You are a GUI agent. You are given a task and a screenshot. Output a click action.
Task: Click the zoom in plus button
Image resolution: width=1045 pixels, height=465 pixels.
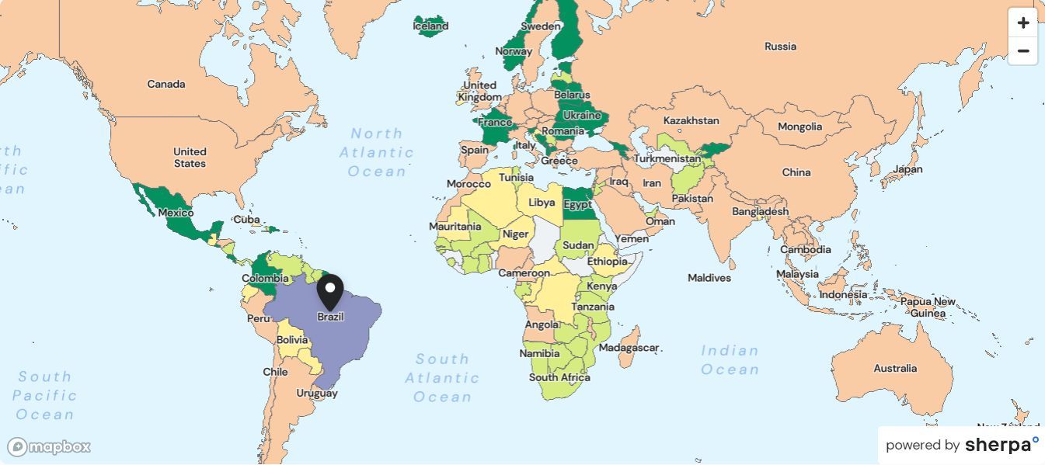pyautogui.click(x=1022, y=23)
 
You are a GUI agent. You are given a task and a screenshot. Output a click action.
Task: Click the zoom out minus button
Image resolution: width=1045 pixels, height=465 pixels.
pyautogui.click(x=1022, y=51)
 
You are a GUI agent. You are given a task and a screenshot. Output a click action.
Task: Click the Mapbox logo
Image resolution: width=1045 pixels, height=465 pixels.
pyautogui.click(x=50, y=447)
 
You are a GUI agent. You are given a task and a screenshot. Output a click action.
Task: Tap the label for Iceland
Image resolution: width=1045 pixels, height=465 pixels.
pyautogui.click(x=430, y=26)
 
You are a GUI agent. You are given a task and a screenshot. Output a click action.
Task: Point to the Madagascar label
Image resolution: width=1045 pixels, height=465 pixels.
pyautogui.click(x=629, y=348)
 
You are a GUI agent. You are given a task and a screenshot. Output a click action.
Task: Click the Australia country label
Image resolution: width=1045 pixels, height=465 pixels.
pyautogui.click(x=895, y=368)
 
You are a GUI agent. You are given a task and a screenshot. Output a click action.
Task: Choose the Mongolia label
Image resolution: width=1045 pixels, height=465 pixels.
pyautogui.click(x=799, y=127)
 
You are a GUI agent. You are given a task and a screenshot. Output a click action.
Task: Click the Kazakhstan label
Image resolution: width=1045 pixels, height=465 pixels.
pyautogui.click(x=691, y=120)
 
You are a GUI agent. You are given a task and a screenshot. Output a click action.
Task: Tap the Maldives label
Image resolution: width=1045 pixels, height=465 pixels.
pyautogui.click(x=709, y=277)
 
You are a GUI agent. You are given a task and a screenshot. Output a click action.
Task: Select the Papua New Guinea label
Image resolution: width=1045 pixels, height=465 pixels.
pyautogui.click(x=928, y=307)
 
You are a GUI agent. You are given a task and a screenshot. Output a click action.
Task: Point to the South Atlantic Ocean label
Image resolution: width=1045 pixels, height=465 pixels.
pyautogui.click(x=442, y=378)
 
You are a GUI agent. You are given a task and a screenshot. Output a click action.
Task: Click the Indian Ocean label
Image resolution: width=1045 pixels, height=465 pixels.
pyautogui.click(x=730, y=359)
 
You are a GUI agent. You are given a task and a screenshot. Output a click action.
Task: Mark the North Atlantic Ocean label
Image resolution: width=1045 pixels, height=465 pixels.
pyautogui.click(x=377, y=152)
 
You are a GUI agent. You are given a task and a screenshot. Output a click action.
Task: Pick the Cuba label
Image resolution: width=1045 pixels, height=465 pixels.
pyautogui.click(x=246, y=219)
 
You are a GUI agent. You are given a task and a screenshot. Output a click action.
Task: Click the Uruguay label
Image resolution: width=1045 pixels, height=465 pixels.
pyautogui.click(x=317, y=393)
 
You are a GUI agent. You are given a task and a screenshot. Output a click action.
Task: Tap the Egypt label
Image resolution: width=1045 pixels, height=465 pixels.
pyautogui.click(x=577, y=205)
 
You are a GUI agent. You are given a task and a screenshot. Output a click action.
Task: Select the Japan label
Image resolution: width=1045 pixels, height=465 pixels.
pyautogui.click(x=907, y=169)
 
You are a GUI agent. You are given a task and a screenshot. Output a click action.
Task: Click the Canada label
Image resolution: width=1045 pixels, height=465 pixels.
pyautogui.click(x=166, y=84)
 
